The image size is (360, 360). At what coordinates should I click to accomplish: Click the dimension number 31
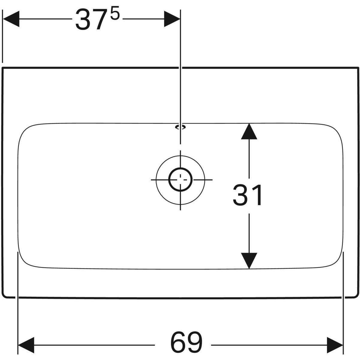[x=247, y=195]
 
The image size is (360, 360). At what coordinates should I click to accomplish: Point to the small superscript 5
[x=115, y=13]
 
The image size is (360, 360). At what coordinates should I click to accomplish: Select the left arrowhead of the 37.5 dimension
[x=10, y=19]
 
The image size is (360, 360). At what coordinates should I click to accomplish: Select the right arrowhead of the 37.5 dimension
[x=172, y=19]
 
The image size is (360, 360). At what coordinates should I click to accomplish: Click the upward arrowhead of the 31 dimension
[x=249, y=131]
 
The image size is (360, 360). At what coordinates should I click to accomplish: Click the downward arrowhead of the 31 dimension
[x=249, y=261]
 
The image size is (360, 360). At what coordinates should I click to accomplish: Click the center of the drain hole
[x=180, y=179]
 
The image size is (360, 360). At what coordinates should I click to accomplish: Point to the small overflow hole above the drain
[x=180, y=127]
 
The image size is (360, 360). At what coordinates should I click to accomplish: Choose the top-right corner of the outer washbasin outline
[x=358, y=67]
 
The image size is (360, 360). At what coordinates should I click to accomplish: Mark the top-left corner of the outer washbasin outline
[x=2, y=67]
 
